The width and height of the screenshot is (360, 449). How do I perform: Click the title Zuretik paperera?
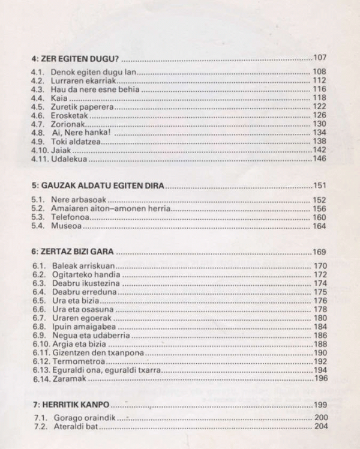click(83, 106)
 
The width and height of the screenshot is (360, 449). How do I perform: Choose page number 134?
click(319, 132)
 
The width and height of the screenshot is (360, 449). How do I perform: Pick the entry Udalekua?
click(70, 158)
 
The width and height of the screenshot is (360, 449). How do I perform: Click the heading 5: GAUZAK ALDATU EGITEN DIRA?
click(98, 186)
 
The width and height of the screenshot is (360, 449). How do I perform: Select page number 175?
click(320, 292)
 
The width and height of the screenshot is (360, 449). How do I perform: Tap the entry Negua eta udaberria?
click(89, 335)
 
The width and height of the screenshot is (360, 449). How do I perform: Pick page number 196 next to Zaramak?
click(322, 378)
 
